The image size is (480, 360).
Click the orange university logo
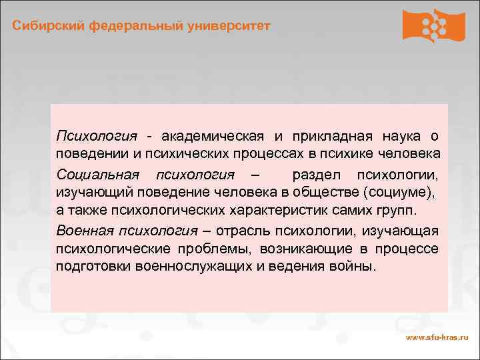pyautogui.click(x=433, y=25)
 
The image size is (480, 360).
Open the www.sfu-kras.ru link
pyautogui.click(x=437, y=339)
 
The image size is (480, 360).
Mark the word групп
pyautogui.click(x=397, y=211)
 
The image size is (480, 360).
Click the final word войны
pyautogui.click(x=357, y=267)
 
